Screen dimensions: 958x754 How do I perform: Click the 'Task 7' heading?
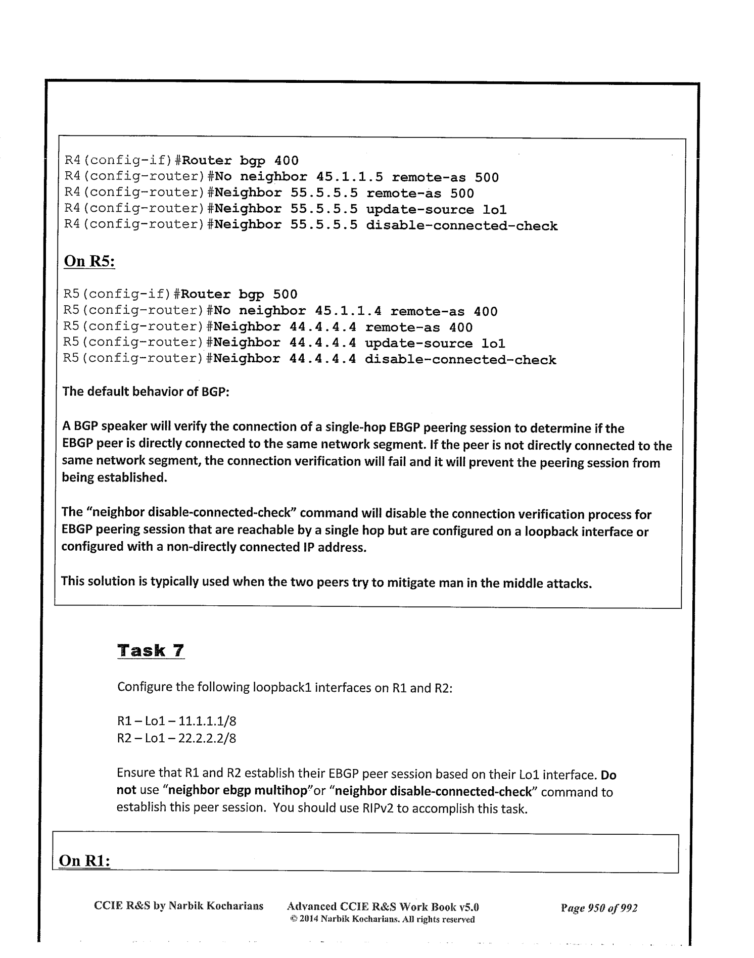[151, 650]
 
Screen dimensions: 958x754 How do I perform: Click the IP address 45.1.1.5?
[349, 177]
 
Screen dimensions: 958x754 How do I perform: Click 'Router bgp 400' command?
[240, 161]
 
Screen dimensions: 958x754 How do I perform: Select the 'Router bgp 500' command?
[239, 294]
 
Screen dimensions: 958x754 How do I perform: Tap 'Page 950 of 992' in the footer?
[599, 908]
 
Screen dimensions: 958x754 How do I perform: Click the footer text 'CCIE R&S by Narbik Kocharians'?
[179, 905]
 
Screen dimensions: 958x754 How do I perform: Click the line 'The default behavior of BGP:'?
[146, 392]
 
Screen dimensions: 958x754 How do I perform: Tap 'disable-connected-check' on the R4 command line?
[461, 226]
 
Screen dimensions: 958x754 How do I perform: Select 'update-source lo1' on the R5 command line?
[435, 344]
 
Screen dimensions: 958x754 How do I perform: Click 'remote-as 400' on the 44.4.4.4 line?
[418, 327]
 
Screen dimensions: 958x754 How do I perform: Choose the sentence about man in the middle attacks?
[326, 582]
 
